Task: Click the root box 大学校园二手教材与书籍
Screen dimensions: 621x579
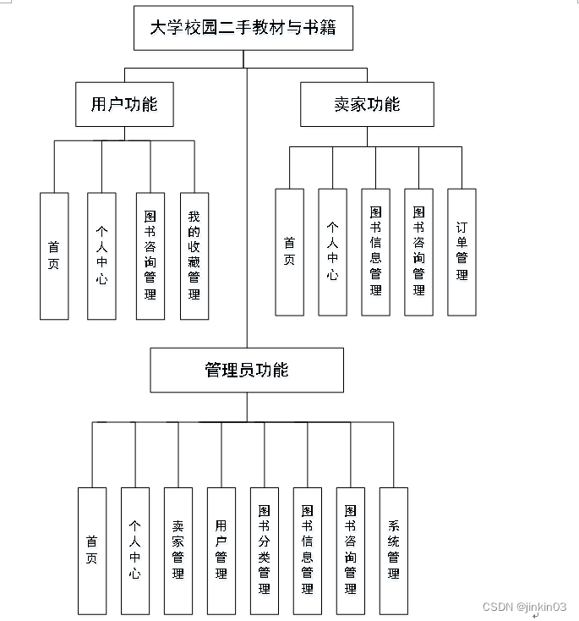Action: pyautogui.click(x=243, y=28)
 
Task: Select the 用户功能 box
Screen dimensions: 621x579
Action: pyautogui.click(x=124, y=104)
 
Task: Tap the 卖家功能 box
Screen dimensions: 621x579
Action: pyautogui.click(x=367, y=104)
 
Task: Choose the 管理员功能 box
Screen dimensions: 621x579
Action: pyautogui.click(x=247, y=370)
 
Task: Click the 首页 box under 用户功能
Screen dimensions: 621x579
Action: pyautogui.click(x=54, y=256)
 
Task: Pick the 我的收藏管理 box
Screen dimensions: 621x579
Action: pyautogui.click(x=194, y=256)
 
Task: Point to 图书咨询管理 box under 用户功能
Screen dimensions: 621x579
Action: pyautogui.click(x=150, y=256)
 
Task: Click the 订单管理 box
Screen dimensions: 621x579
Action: pyautogui.click(x=462, y=251)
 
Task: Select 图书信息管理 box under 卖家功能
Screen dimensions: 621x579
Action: pyautogui.click(x=375, y=251)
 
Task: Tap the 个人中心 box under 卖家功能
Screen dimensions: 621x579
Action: pyautogui.click(x=332, y=251)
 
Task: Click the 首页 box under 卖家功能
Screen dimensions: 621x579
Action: pyautogui.click(x=289, y=251)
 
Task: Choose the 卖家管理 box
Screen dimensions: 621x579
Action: pyautogui.click(x=178, y=550)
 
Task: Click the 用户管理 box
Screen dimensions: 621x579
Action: pyautogui.click(x=221, y=550)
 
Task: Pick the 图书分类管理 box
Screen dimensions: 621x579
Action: pyautogui.click(x=265, y=550)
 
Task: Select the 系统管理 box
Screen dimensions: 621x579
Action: pyautogui.click(x=393, y=550)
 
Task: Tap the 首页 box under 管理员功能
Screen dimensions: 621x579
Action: pyautogui.click(x=92, y=550)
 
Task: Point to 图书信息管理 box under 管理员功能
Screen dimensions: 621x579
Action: pyautogui.click(x=308, y=550)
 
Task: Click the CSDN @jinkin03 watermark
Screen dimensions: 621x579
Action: pyautogui.click(x=524, y=607)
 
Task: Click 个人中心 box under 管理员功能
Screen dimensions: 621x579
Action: pyautogui.click(x=135, y=550)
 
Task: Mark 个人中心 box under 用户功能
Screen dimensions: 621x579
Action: pyautogui.click(x=101, y=256)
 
